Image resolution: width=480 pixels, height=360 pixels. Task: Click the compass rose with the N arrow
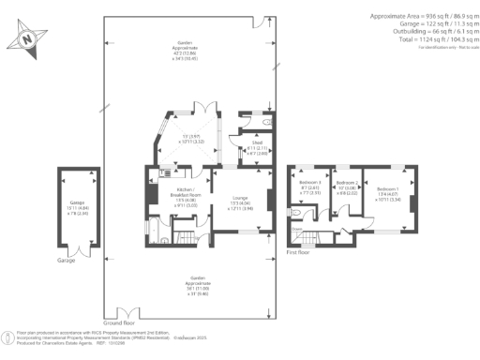(29, 39)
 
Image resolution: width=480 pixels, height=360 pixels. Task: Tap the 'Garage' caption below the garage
(65, 259)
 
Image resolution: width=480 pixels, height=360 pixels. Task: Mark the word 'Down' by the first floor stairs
(296, 228)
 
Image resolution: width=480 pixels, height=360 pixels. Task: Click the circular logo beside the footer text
(7, 336)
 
